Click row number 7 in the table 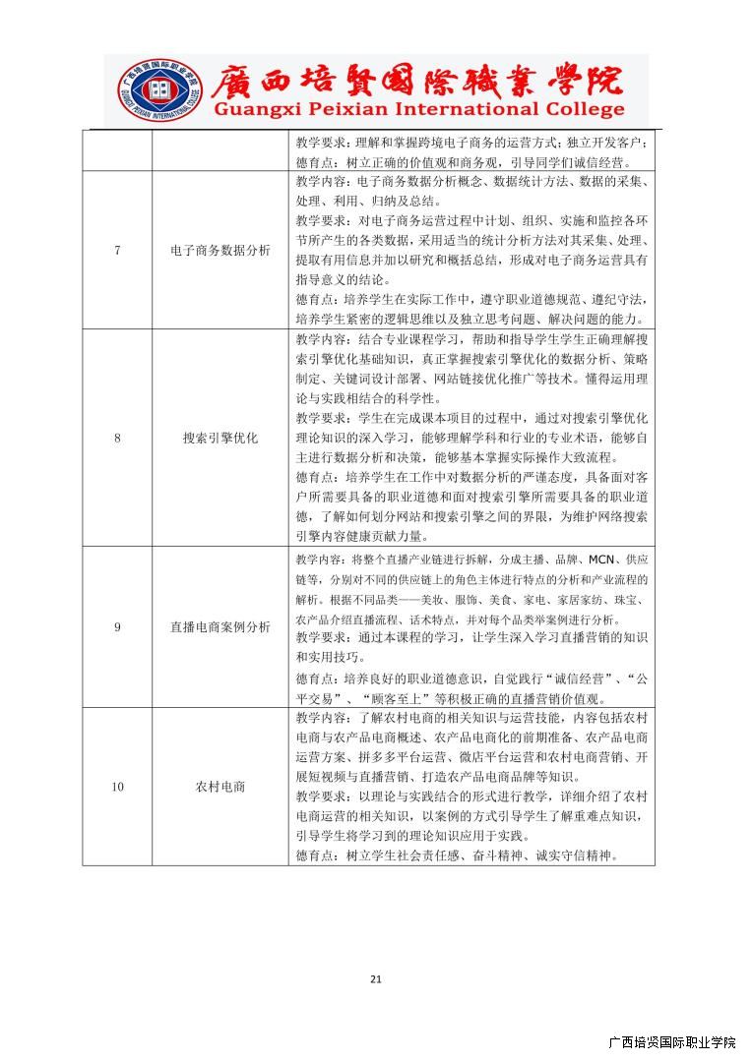(117, 250)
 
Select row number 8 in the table (117, 438)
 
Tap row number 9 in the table (117, 626)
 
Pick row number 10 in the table (117, 787)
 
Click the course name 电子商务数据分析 (219, 250)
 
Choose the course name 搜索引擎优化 (219, 438)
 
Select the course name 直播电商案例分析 (219, 626)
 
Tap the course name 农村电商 (219, 787)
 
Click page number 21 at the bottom (375, 978)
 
